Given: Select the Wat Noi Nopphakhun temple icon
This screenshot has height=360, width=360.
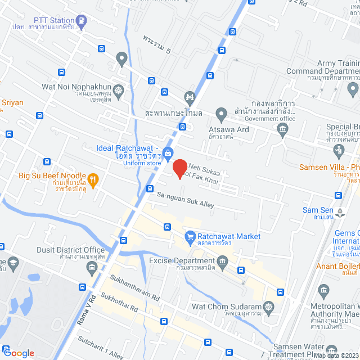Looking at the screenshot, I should (118, 89).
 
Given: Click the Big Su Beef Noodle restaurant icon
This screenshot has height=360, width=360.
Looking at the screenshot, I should (93, 179).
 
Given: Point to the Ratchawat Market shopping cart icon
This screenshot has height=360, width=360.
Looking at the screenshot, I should (190, 236).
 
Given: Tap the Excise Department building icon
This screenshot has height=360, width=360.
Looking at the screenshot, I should (223, 262).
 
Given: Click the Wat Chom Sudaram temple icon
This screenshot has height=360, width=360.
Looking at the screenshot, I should (268, 307).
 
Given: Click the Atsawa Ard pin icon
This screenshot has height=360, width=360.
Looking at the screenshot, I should (222, 115).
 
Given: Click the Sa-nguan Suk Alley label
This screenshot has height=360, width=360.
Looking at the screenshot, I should (185, 200).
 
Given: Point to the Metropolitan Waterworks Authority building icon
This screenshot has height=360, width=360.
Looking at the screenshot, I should (323, 291).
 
